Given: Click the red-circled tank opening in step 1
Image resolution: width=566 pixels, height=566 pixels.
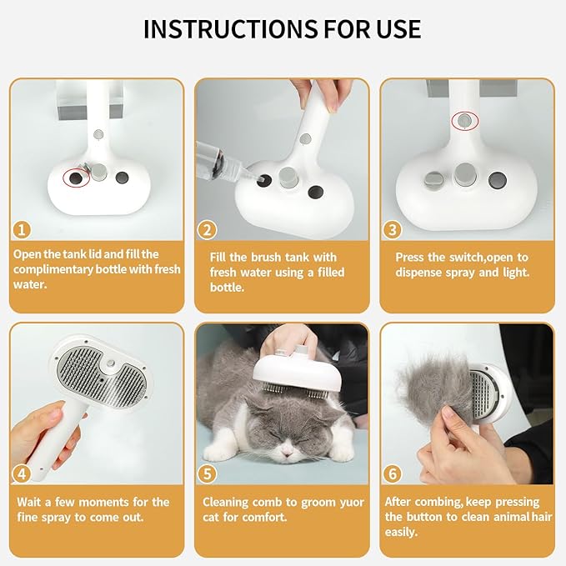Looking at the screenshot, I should tap(78, 177).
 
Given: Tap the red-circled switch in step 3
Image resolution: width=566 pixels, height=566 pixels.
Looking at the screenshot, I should tap(465, 122).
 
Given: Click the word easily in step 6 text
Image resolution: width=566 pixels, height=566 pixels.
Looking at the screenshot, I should tap(401, 532).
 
